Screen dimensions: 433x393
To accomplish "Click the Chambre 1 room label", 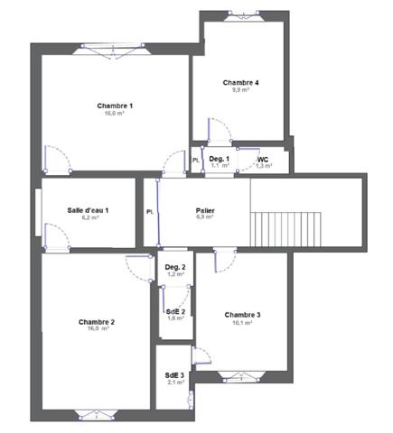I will [x=115, y=106].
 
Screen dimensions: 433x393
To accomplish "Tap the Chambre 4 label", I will [x=240, y=83].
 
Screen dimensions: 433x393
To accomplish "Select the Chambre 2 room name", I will [x=96, y=322].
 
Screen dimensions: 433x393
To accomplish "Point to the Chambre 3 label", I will [x=242, y=314].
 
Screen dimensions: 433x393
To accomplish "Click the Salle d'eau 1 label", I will [x=88, y=210].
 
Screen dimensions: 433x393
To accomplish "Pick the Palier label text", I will [x=205, y=210].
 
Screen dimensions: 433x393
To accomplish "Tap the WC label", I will [x=262, y=159].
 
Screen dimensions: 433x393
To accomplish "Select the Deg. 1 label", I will [x=220, y=159].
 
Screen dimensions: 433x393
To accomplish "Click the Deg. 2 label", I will [x=175, y=267].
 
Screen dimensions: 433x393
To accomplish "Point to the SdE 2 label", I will [x=175, y=311].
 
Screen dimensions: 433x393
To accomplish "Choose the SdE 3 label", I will [x=174, y=375].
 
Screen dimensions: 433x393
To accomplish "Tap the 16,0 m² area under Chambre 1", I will [x=115, y=115].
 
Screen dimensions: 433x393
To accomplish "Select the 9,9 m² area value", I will [x=240, y=90].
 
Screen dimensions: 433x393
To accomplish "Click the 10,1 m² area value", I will [x=242, y=322].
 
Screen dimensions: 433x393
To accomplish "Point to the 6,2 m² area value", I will [x=89, y=217].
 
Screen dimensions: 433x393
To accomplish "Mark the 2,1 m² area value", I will [x=174, y=382].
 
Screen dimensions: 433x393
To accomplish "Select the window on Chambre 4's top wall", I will [x=241, y=15].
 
